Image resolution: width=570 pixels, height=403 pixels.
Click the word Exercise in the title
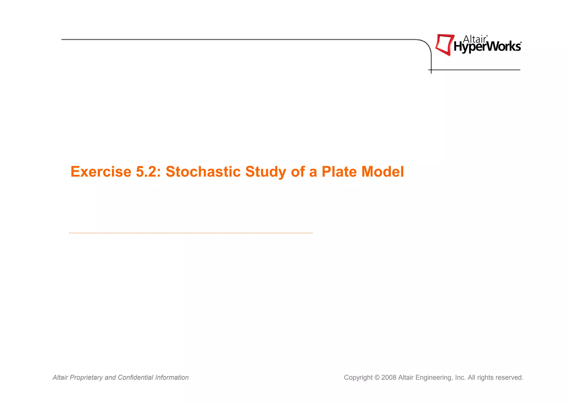pos(101,172)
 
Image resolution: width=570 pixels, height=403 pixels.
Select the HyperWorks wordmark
pos(487,47)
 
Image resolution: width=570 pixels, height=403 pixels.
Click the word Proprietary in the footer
pos(86,377)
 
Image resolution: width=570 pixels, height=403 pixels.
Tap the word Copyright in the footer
pos(358,377)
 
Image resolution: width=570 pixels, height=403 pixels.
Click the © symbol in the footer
pos(377,377)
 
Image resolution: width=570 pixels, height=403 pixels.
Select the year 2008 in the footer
pos(389,377)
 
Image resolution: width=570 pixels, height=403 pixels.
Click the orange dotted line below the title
pos(191,233)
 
